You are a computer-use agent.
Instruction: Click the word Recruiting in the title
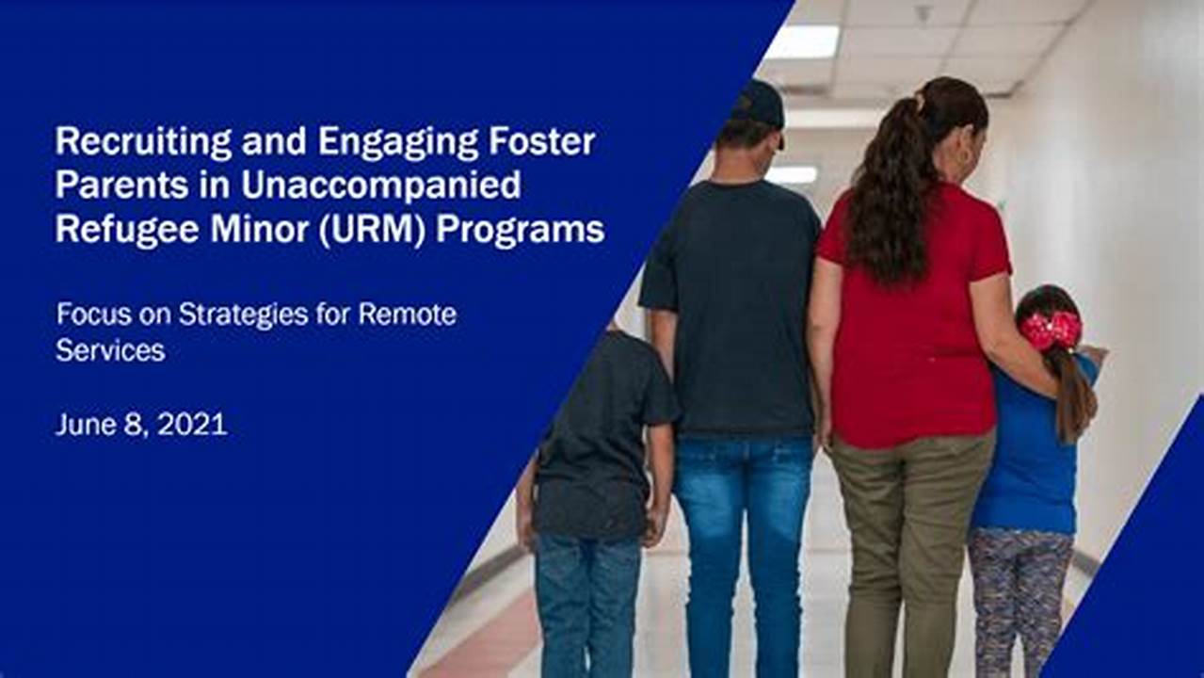tap(143, 143)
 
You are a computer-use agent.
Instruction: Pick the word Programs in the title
tap(520, 229)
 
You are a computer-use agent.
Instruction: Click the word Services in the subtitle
tap(110, 350)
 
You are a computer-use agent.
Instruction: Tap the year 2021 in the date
tap(192, 425)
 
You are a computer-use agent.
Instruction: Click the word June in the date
tap(85, 425)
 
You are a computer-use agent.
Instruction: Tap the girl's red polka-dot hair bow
tap(1051, 330)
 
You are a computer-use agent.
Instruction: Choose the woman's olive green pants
tap(908, 546)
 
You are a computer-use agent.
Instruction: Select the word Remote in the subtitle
tap(407, 315)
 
